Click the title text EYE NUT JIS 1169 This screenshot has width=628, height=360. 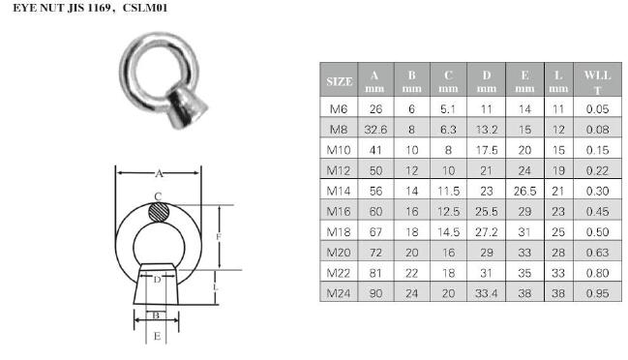click(62, 8)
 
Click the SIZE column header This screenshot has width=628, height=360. click(340, 81)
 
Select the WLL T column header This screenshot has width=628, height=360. click(597, 82)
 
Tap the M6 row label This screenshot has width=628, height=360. click(339, 109)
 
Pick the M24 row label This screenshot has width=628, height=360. click(339, 293)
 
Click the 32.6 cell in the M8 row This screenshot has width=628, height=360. click(375, 130)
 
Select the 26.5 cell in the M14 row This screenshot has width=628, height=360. click(524, 191)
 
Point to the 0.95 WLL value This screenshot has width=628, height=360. click(597, 293)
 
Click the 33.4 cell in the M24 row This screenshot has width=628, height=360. click(486, 293)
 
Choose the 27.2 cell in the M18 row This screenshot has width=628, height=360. click(486, 232)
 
